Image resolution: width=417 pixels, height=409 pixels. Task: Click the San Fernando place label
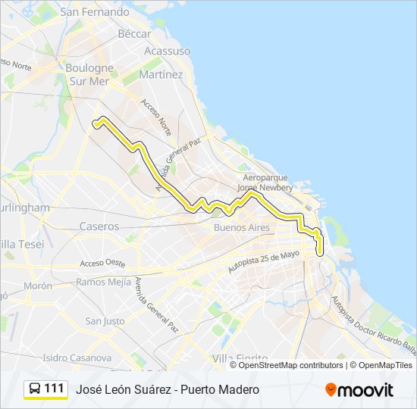(95, 12)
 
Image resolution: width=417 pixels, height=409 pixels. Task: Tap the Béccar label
(134, 34)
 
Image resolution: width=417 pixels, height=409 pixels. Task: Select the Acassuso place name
(167, 51)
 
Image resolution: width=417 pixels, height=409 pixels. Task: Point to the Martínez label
(161, 75)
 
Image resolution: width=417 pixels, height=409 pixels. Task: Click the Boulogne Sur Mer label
(90, 74)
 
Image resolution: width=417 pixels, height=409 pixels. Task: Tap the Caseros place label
(99, 226)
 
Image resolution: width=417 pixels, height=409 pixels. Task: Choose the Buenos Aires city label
(242, 227)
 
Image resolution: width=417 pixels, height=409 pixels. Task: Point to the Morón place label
(38, 286)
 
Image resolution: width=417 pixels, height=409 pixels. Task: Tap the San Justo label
(105, 321)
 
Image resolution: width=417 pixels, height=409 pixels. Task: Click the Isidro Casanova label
(77, 357)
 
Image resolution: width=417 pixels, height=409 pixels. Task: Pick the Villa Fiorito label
(240, 357)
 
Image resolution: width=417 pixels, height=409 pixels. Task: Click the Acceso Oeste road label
(102, 264)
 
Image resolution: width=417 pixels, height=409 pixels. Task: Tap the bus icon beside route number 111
(34, 389)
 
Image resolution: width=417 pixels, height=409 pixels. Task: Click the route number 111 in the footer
(54, 389)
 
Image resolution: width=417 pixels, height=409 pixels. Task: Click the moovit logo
(359, 389)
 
